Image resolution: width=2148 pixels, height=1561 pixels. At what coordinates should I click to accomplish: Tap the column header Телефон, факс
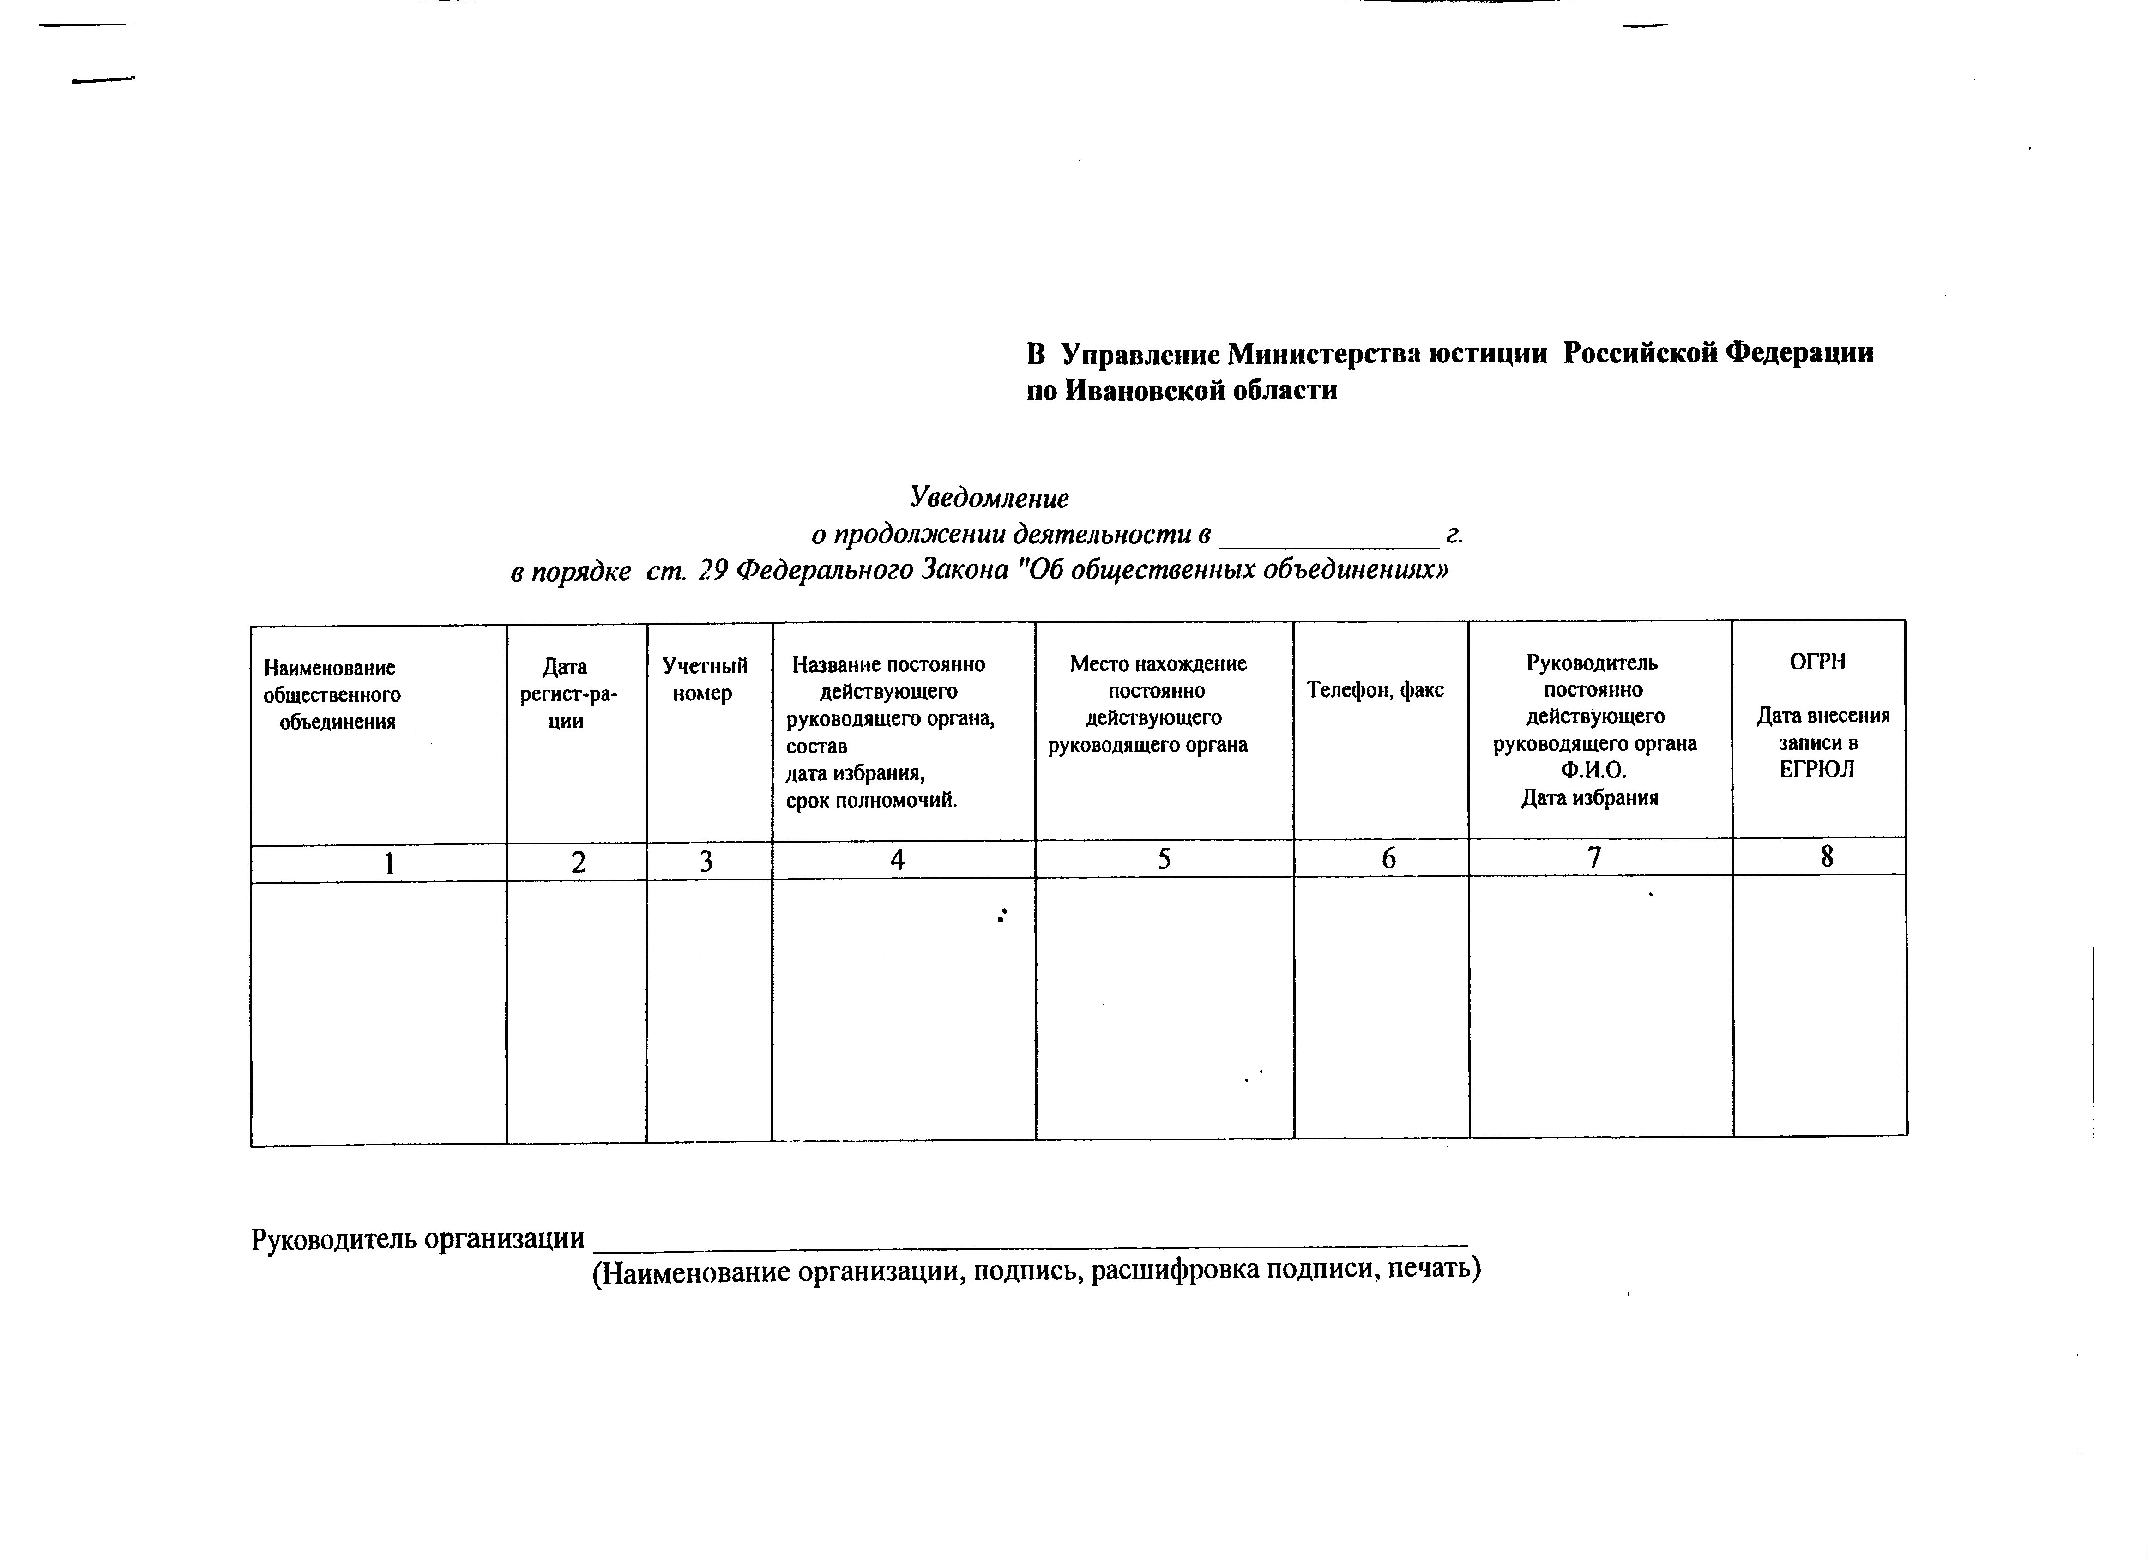click(x=1375, y=690)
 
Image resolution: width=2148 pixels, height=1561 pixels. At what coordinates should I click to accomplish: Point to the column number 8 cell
click(x=1827, y=856)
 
